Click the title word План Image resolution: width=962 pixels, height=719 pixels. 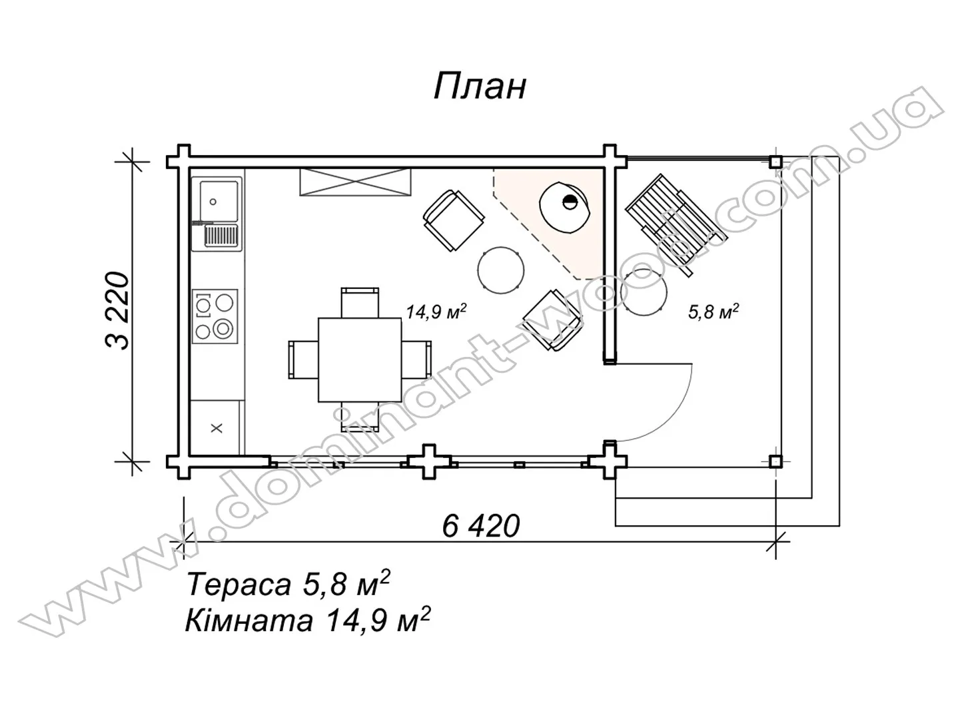pyautogui.click(x=480, y=87)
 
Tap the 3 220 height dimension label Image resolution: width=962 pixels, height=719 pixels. pyautogui.click(x=117, y=311)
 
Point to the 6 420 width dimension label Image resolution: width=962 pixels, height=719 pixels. pyautogui.click(x=481, y=526)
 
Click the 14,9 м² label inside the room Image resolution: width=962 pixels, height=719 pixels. pyautogui.click(x=436, y=312)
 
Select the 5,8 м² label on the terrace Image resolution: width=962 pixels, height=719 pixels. pyautogui.click(x=714, y=312)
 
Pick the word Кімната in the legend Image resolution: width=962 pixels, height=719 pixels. pyautogui.click(x=248, y=621)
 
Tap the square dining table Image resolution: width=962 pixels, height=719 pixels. pyautogui.click(x=359, y=360)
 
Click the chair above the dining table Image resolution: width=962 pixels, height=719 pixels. pyautogui.click(x=360, y=302)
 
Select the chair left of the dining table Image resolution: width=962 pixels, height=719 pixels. pyautogui.click(x=303, y=360)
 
